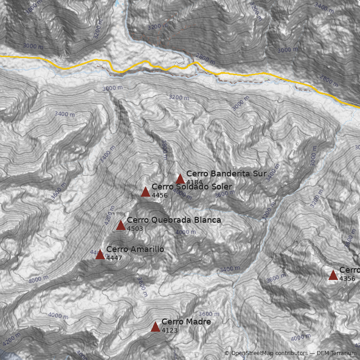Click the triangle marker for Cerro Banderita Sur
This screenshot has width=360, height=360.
click(x=180, y=179)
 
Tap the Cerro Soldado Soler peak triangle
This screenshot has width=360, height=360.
click(x=145, y=192)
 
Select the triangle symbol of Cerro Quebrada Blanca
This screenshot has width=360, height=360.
click(x=121, y=225)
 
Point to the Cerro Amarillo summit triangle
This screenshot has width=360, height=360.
click(x=100, y=255)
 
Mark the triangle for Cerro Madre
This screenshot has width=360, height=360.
click(x=155, y=327)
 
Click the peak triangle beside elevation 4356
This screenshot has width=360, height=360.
click(x=333, y=275)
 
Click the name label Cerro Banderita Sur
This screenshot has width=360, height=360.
click(x=226, y=173)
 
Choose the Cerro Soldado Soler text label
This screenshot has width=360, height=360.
click(x=192, y=187)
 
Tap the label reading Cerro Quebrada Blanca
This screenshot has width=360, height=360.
click(x=174, y=220)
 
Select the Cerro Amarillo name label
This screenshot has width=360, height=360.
click(x=135, y=249)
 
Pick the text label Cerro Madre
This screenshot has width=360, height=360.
click(x=186, y=322)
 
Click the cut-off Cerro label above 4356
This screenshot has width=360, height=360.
click(x=350, y=270)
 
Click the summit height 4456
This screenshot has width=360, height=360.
click(x=160, y=195)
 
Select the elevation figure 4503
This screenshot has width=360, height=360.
click(x=135, y=229)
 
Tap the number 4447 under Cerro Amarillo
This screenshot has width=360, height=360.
click(x=114, y=258)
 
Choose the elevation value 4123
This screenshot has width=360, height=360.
click(x=170, y=330)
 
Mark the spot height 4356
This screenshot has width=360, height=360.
click(x=347, y=279)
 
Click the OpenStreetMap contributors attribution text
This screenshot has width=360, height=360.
click(x=268, y=353)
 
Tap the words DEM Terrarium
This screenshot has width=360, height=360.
click(x=336, y=353)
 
